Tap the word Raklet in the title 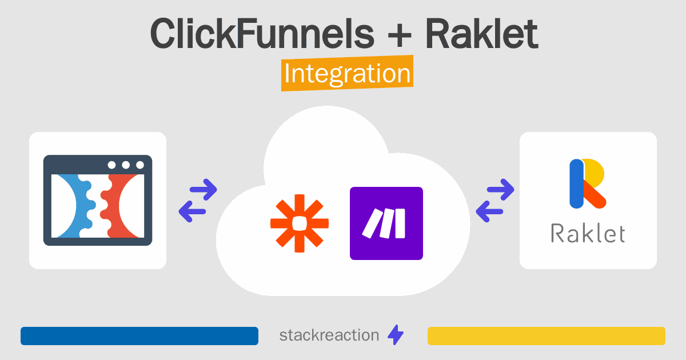[481, 34]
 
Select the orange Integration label [348, 74]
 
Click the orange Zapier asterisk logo [300, 223]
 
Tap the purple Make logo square [386, 223]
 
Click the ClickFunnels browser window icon [98, 201]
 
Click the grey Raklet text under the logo [588, 233]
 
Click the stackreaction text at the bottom [329, 335]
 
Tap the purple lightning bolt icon [396, 335]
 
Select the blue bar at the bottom [139, 336]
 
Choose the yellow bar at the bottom [546, 336]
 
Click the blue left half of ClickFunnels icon [71, 206]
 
